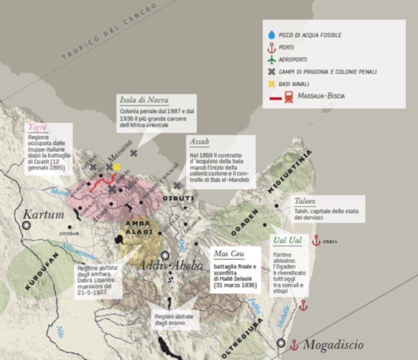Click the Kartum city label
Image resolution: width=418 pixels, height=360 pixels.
tap(43, 215)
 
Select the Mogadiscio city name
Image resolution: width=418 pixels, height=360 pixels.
tap(333, 345)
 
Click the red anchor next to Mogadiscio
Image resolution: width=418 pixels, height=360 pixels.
tap(293, 345)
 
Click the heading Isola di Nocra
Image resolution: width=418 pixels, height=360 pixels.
tap(144, 101)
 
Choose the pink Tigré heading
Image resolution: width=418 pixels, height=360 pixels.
tap(38, 128)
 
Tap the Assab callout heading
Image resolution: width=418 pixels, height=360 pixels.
tap(199, 143)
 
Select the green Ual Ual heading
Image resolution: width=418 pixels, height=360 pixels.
tap(288, 241)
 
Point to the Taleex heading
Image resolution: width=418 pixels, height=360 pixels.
tap(304, 202)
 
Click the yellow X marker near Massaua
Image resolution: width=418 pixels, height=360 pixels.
tap(117, 167)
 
